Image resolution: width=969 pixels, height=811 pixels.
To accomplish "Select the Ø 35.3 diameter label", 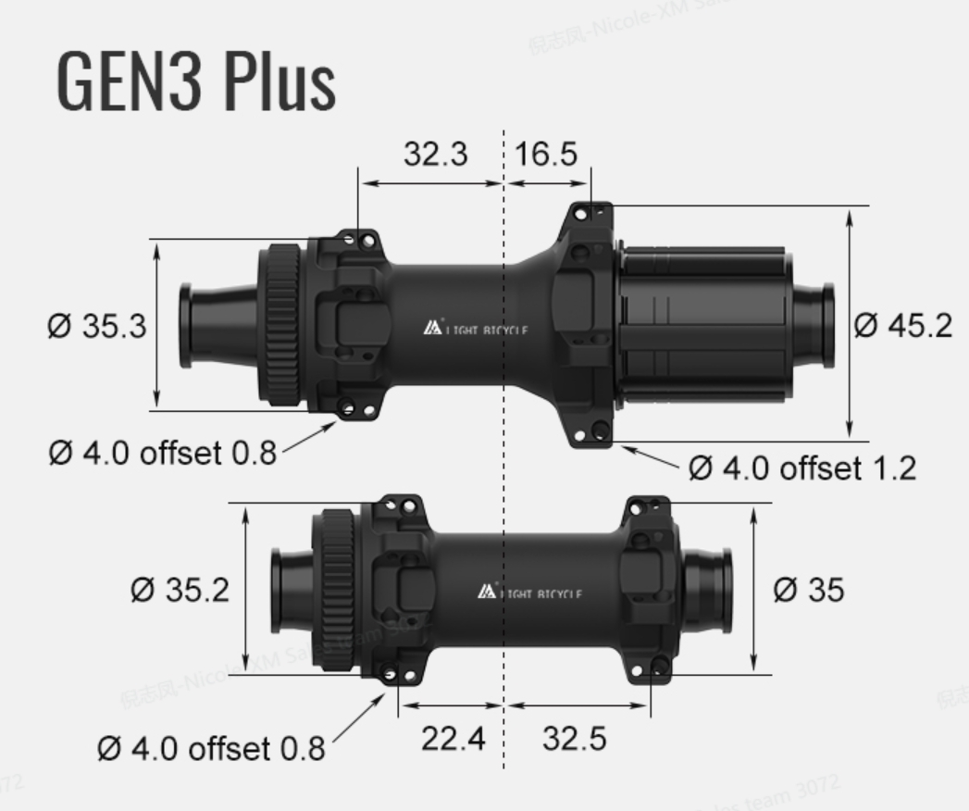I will point(97,326).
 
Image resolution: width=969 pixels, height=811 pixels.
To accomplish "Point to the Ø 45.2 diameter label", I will point(901,326).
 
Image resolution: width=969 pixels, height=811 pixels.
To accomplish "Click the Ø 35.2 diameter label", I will point(180,590).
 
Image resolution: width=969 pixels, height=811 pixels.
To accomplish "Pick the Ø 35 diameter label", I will point(808,590).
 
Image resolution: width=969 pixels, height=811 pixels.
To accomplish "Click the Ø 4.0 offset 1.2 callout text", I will point(801,468).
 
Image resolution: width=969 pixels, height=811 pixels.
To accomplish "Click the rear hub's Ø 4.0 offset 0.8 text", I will point(162,453).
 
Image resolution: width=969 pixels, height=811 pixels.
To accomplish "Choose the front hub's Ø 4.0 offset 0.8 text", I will point(211,748).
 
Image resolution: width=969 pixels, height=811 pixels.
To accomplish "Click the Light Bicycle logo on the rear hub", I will point(476,330).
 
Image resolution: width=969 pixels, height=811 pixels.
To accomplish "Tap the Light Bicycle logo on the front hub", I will point(529,593).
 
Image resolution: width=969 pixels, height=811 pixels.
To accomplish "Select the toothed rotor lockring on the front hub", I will point(338,589).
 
